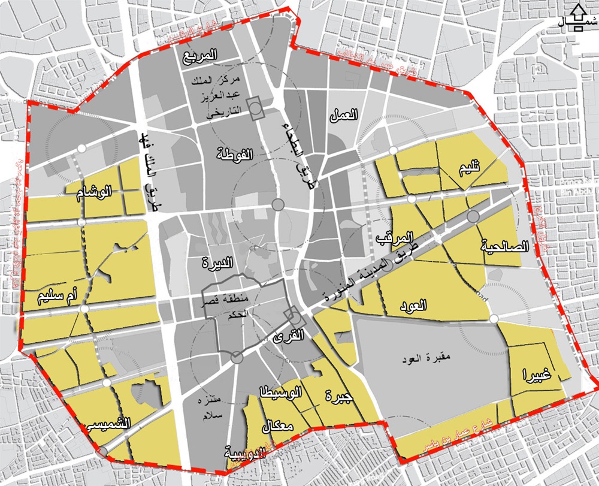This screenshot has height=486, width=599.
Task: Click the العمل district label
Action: (x=343, y=115)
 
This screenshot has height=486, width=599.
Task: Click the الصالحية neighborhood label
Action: (x=504, y=246)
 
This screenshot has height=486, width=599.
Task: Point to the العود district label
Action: (x=413, y=306)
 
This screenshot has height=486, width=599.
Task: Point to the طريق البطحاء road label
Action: (x=298, y=147)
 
